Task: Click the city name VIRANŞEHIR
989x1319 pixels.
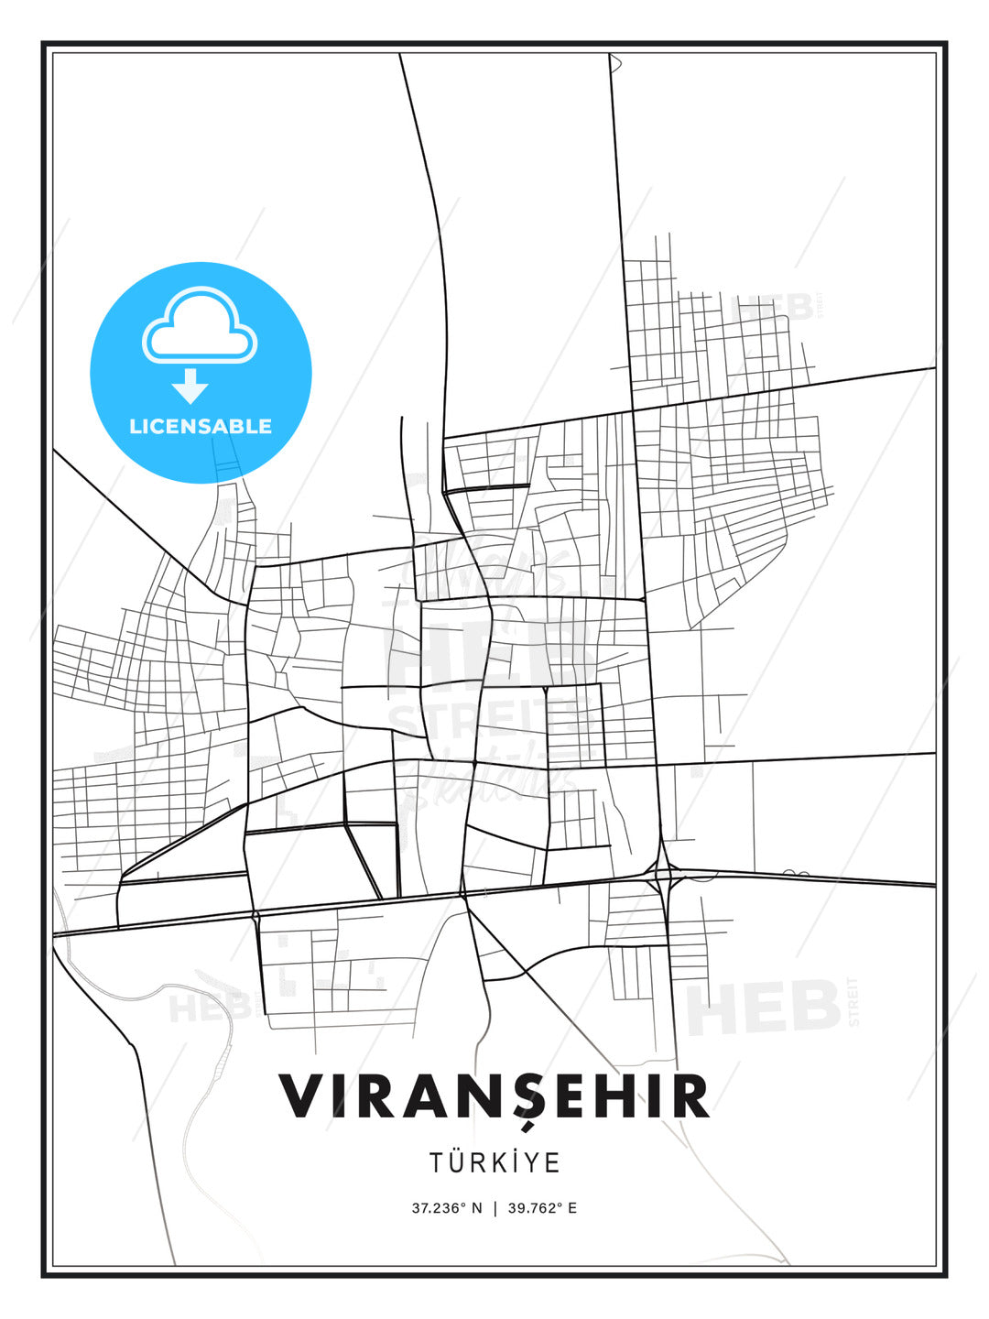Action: (494, 1096)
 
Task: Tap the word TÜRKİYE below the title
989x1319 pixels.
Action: (494, 1162)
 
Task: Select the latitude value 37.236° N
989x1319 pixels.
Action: (446, 1208)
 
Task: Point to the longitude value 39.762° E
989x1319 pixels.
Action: (543, 1208)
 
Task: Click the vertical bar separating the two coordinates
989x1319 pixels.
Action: (495, 1208)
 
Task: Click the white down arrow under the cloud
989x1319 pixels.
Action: (190, 386)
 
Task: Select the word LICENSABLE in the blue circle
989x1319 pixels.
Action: (201, 426)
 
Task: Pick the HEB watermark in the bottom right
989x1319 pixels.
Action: (763, 1008)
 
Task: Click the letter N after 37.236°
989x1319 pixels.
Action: (476, 1208)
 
